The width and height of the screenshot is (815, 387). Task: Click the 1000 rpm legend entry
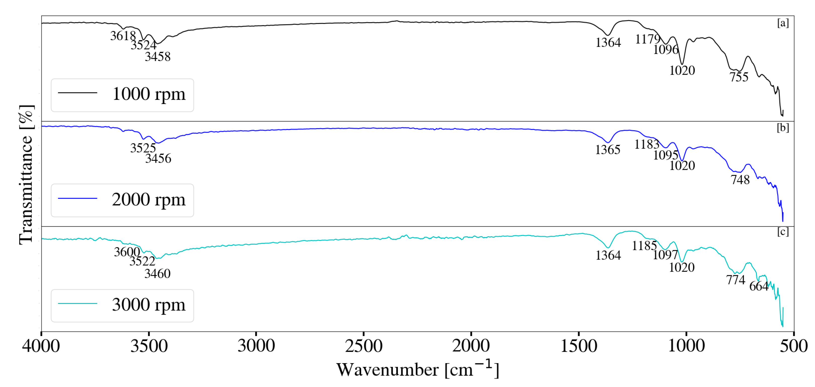pyautogui.click(x=149, y=94)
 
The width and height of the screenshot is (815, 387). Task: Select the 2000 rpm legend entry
pyautogui.click(x=149, y=200)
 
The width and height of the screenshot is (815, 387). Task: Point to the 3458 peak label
pyautogui.click(x=158, y=57)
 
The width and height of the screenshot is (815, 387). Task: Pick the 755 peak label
pyautogui.click(x=739, y=77)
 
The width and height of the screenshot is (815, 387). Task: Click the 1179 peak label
pyautogui.click(x=648, y=39)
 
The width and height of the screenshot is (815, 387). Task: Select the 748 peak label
pyautogui.click(x=740, y=180)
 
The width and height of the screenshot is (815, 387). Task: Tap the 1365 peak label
pyautogui.click(x=607, y=150)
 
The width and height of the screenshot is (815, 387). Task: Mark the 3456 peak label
pyautogui.click(x=158, y=158)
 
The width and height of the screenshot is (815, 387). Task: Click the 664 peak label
pyautogui.click(x=759, y=286)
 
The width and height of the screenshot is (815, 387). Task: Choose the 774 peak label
pyautogui.click(x=736, y=280)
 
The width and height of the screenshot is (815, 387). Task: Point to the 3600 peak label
pyautogui.click(x=127, y=252)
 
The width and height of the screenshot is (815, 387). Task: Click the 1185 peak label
pyautogui.click(x=644, y=246)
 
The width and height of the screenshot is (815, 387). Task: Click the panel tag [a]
pyautogui.click(x=783, y=23)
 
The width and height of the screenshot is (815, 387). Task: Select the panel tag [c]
pyautogui.click(x=783, y=232)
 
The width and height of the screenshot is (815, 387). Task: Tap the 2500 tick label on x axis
pyautogui.click(x=363, y=346)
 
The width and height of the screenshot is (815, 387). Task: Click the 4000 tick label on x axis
pyautogui.click(x=41, y=346)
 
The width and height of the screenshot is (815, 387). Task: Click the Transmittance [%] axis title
pyautogui.click(x=26, y=175)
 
